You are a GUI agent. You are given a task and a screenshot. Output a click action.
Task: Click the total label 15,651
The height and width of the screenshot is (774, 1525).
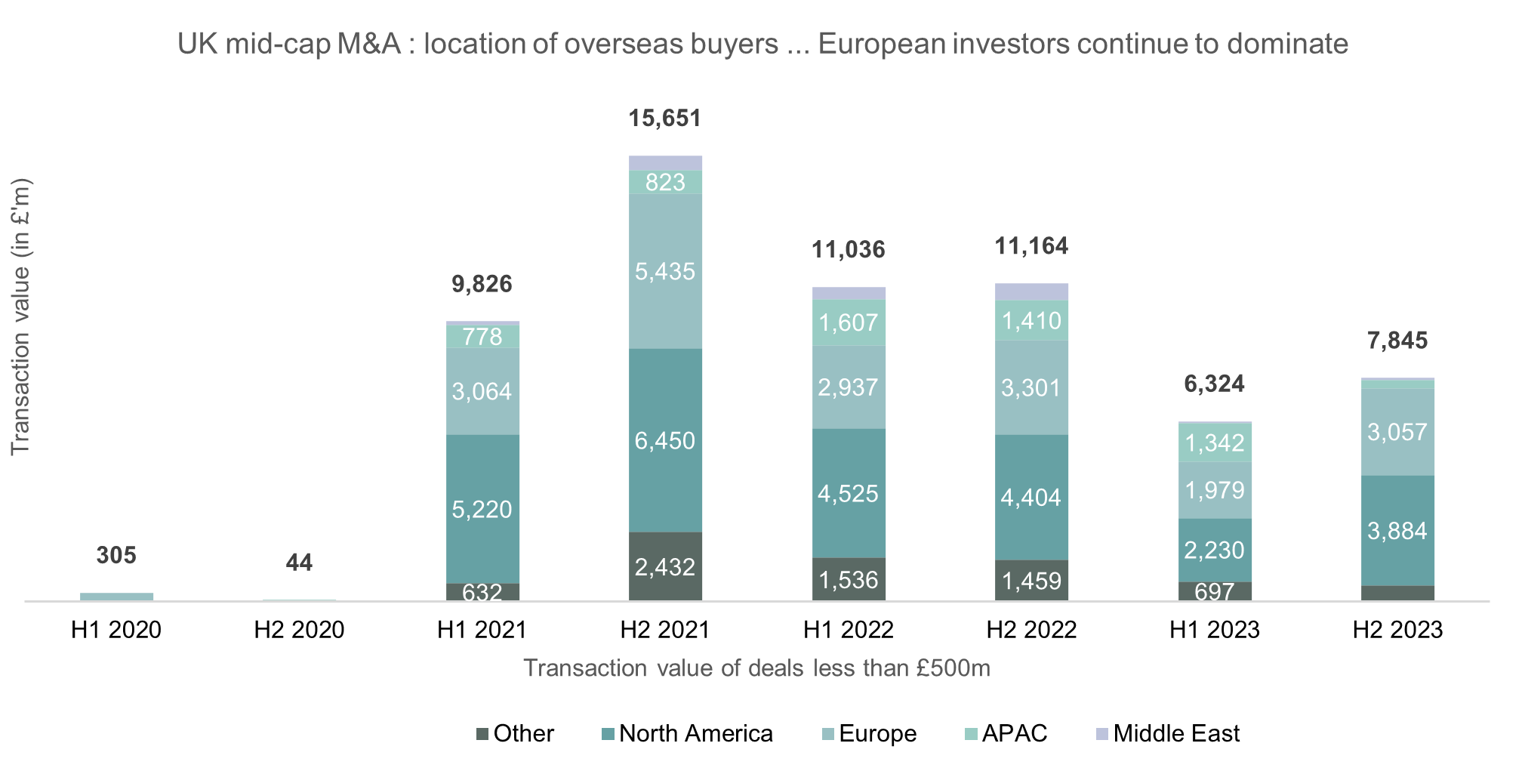[665, 119]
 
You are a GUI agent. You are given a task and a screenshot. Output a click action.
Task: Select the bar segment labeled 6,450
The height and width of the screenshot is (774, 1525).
[665, 440]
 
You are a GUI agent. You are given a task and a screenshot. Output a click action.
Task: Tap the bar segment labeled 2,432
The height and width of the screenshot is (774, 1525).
[665, 566]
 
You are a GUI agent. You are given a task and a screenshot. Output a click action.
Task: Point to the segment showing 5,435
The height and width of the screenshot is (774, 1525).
[665, 271]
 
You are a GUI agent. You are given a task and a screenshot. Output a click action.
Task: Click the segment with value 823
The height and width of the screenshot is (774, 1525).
[665, 182]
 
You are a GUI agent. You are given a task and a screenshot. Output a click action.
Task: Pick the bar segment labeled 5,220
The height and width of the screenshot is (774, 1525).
[482, 509]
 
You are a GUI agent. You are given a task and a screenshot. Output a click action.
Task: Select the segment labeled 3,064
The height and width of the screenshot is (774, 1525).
[482, 391]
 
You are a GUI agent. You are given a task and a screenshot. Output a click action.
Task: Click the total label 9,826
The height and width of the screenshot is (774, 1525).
[482, 284]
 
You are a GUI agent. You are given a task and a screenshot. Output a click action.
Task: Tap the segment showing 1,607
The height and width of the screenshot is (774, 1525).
[849, 322]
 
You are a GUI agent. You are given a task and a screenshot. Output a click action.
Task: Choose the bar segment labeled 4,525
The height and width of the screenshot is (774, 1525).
[849, 493]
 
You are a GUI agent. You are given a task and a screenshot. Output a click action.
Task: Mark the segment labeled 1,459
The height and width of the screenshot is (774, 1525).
[1031, 580]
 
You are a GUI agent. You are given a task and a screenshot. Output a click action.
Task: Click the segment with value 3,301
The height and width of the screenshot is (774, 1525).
[1031, 387]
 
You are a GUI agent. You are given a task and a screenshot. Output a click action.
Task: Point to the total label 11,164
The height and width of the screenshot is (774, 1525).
[1031, 246]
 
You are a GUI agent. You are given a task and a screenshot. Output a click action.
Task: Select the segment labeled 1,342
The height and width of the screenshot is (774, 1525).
[1215, 443]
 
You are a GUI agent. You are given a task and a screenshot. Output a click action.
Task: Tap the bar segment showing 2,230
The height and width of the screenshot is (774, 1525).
[1215, 550]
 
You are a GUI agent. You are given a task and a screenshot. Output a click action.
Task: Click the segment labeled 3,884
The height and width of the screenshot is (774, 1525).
[1397, 530]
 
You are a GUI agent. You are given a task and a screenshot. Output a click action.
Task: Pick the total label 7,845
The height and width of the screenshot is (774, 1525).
[1397, 341]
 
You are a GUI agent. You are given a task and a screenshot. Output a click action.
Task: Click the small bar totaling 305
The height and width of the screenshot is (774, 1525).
[117, 597]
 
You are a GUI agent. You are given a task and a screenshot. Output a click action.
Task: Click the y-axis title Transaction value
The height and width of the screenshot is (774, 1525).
[20, 317]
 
